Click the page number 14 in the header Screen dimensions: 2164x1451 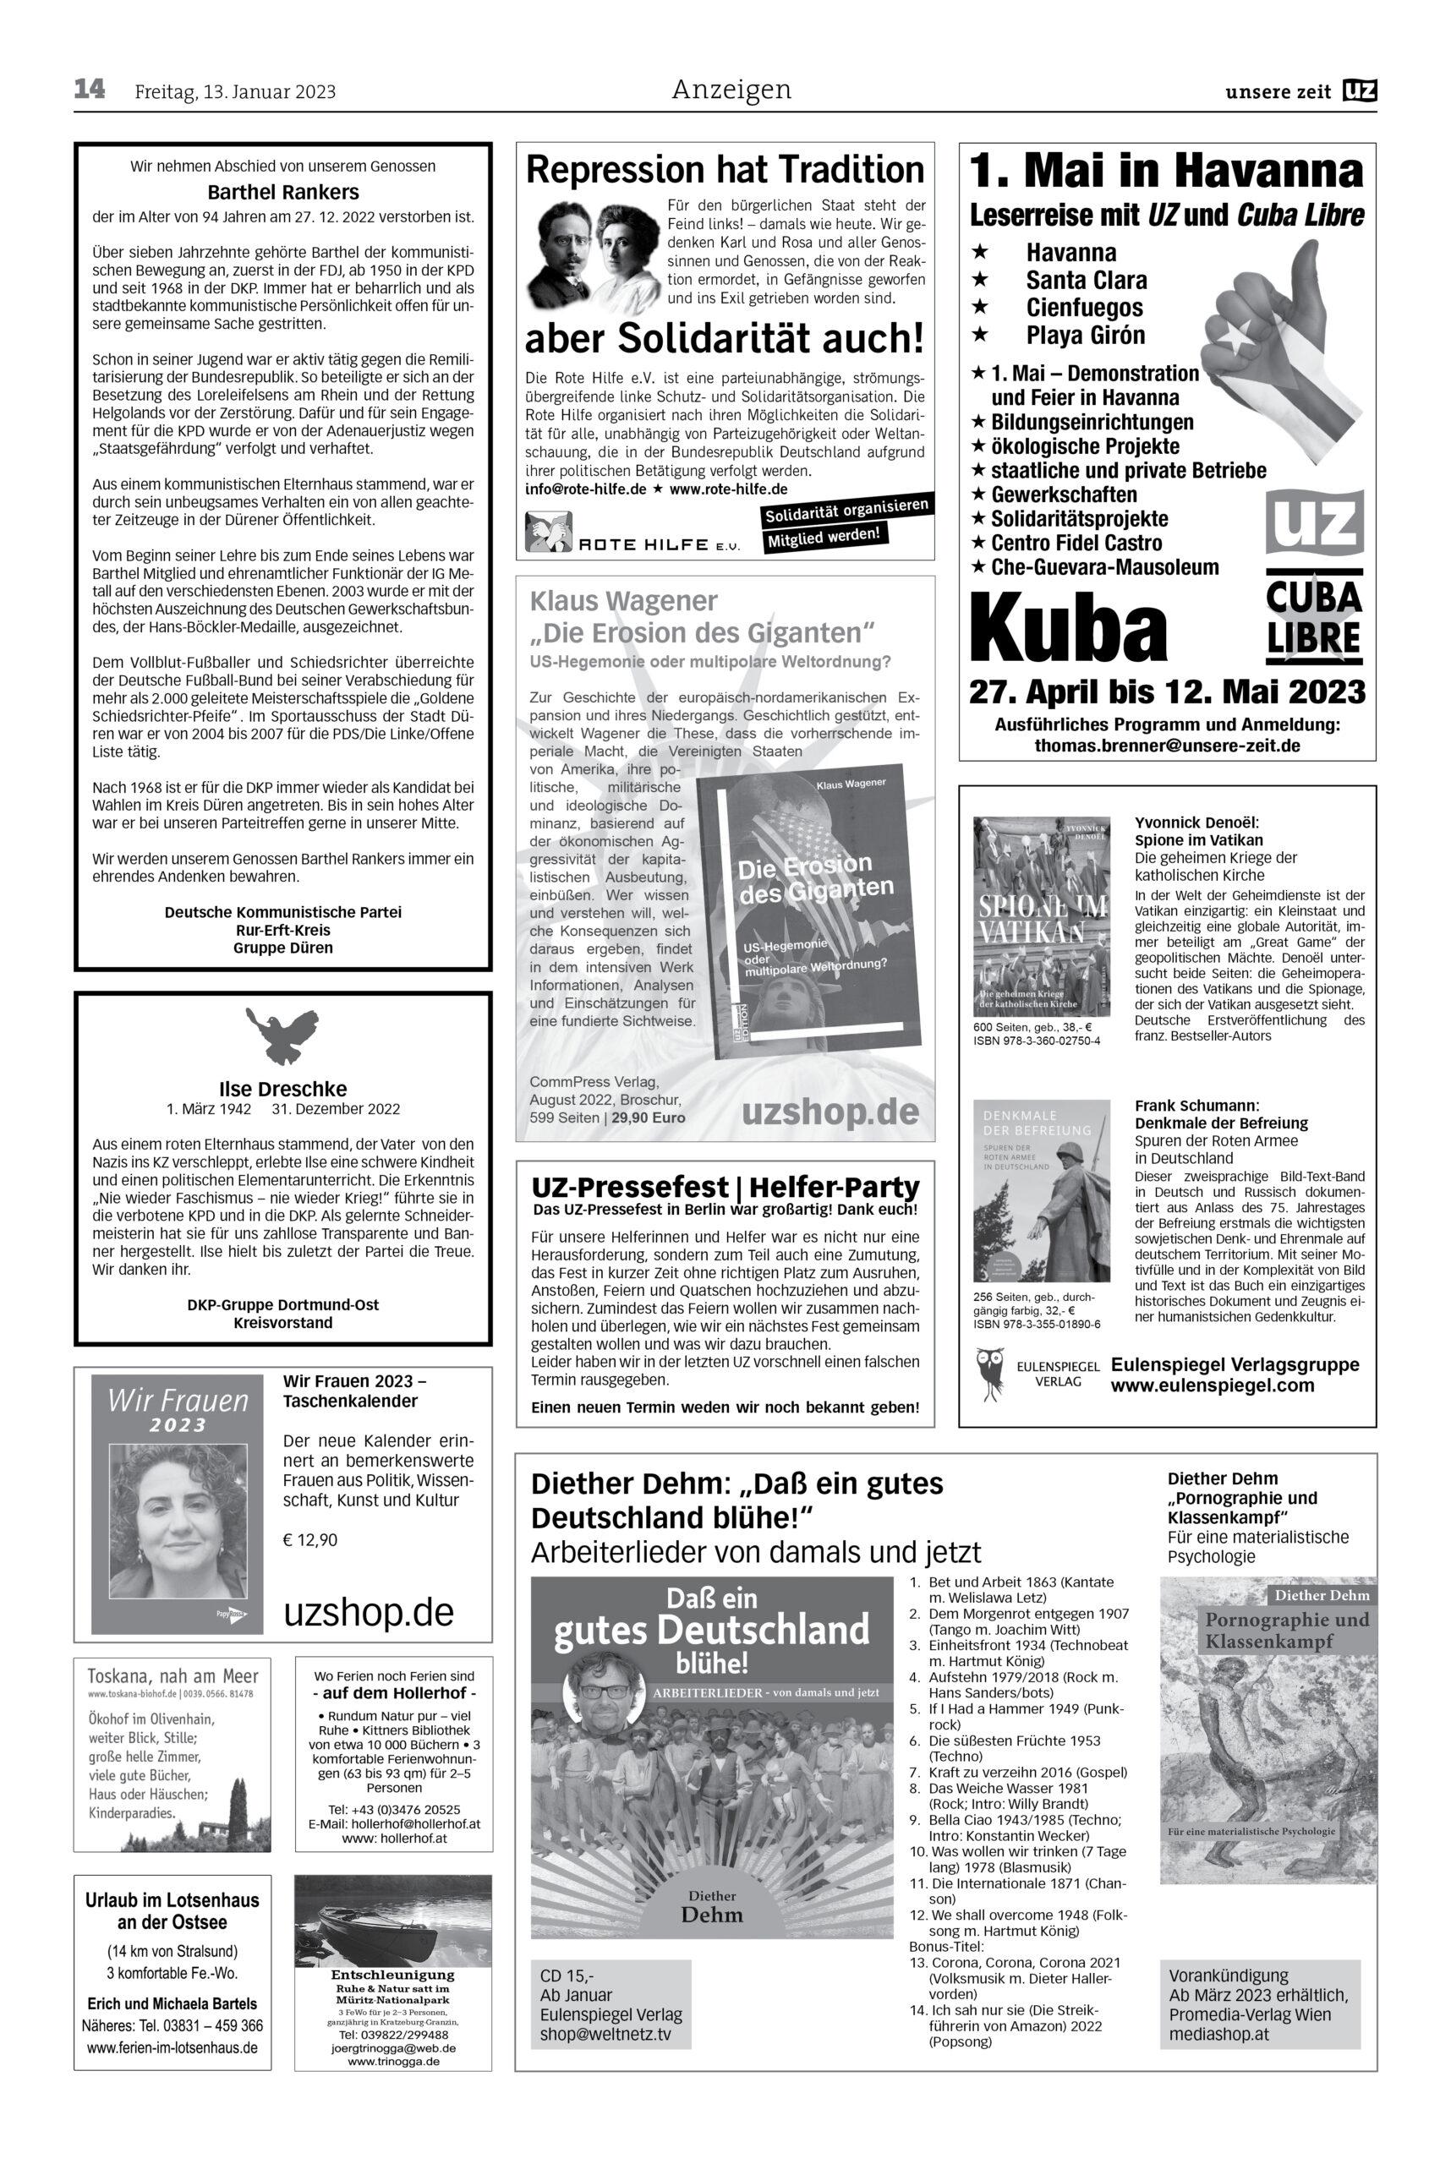click(90, 90)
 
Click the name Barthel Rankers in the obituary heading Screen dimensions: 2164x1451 click(282, 194)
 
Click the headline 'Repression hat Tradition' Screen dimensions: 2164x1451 click(725, 170)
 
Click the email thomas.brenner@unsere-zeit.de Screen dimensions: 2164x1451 click(1167, 745)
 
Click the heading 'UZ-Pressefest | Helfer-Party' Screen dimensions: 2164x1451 click(725, 1187)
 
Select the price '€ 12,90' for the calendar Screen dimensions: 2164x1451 click(311, 1540)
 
